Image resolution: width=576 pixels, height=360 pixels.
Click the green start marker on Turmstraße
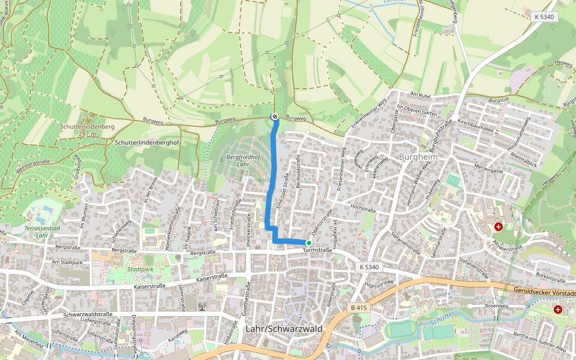[308, 243]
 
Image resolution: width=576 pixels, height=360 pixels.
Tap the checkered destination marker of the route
[274, 117]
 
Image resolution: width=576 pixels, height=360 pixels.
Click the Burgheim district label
[418, 157]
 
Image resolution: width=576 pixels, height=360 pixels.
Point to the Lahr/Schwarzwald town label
[284, 329]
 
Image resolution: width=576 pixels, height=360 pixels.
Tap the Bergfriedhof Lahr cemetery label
[235, 160]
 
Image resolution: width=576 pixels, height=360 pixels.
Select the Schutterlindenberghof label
[146, 143]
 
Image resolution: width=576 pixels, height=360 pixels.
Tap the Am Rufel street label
[421, 94]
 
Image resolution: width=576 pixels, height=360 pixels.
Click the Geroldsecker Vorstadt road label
[544, 291]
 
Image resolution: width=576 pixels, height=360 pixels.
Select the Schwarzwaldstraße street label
[88, 314]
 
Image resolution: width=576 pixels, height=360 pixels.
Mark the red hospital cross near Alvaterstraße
[498, 227]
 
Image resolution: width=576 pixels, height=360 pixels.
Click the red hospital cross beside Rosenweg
[558, 310]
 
